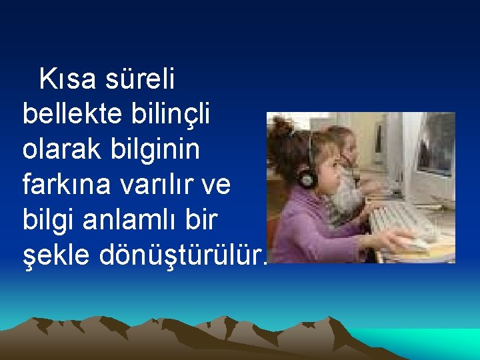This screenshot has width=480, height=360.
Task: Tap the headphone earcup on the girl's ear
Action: click(x=307, y=177)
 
